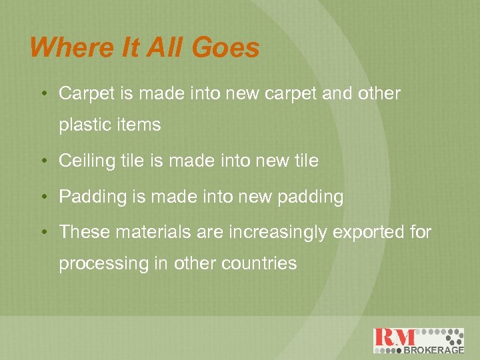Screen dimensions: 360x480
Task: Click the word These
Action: tap(85, 232)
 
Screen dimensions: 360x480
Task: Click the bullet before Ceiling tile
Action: tap(43, 161)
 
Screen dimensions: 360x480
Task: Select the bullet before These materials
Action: tap(43, 232)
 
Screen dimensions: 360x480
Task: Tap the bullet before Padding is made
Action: tap(43, 197)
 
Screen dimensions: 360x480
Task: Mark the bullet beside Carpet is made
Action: tap(43, 94)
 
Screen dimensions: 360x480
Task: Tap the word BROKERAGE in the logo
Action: tap(433, 349)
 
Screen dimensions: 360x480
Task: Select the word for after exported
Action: tap(419, 232)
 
